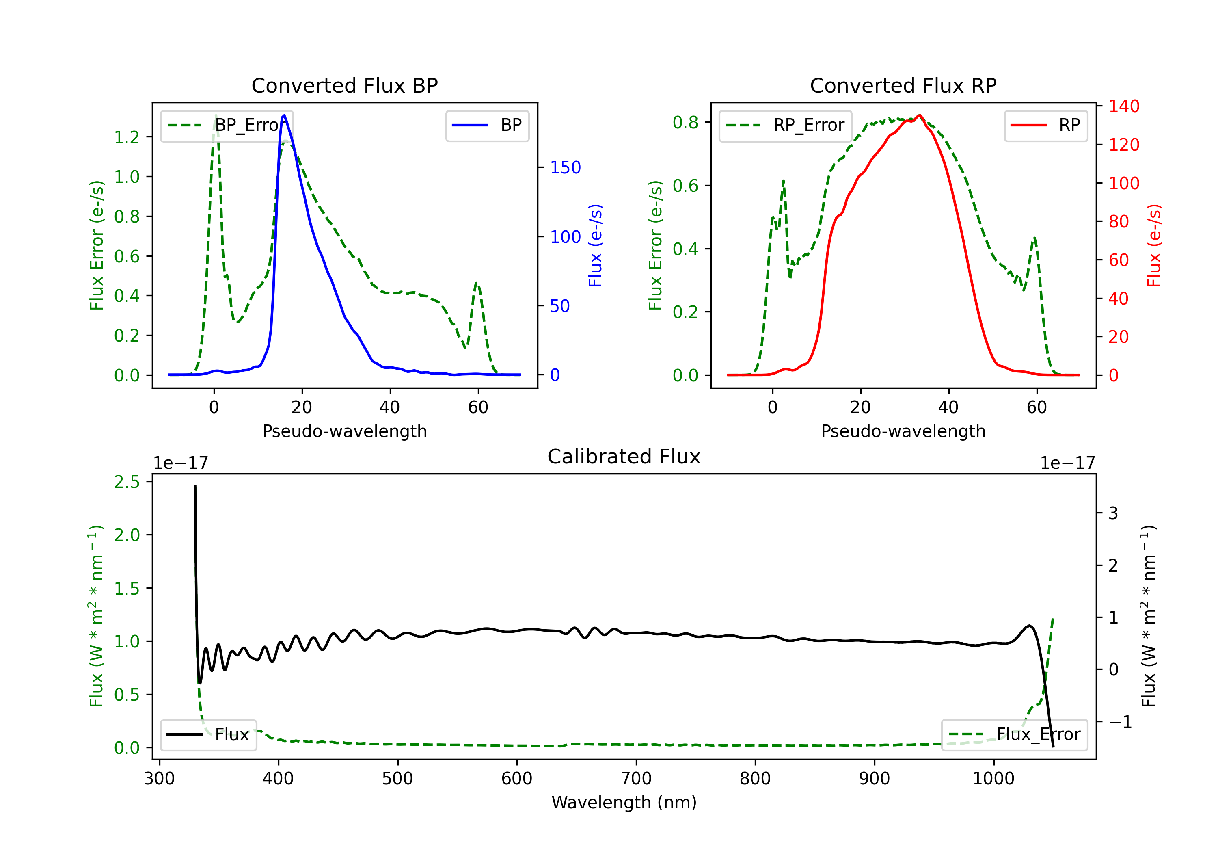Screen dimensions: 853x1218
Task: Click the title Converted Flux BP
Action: click(x=344, y=85)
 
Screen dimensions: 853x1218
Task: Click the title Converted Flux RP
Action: click(x=903, y=85)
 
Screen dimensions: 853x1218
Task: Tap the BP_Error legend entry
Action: click(x=227, y=125)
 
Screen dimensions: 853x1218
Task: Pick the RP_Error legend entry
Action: click(x=786, y=125)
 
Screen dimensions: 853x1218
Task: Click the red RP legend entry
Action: click(x=1045, y=125)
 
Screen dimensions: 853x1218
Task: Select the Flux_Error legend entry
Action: click(x=1014, y=735)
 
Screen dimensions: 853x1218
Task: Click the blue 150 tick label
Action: click(x=565, y=168)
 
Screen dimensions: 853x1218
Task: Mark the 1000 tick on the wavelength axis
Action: click(x=993, y=779)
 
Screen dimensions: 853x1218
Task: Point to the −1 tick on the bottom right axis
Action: click(x=1120, y=722)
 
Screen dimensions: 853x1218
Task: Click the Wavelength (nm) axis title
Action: click(x=624, y=803)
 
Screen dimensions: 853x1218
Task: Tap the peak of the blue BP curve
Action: click(x=284, y=115)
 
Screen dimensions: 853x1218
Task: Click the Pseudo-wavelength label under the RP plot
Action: click(x=903, y=431)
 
